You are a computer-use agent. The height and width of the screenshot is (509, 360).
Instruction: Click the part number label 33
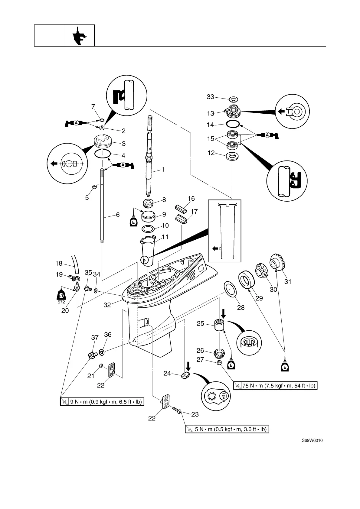click(210, 97)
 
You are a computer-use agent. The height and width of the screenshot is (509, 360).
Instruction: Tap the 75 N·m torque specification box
click(275, 386)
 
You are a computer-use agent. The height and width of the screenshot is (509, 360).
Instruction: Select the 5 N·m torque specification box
click(227, 429)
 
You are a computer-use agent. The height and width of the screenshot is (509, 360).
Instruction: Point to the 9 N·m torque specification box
click(102, 402)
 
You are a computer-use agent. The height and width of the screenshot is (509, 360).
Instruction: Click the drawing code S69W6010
click(312, 440)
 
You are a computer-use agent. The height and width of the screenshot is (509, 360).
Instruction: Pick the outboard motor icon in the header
click(79, 36)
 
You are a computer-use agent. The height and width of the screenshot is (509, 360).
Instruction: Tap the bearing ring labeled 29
click(247, 280)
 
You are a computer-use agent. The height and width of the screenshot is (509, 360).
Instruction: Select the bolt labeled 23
click(177, 410)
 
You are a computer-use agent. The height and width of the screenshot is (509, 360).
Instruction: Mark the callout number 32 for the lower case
click(107, 305)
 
